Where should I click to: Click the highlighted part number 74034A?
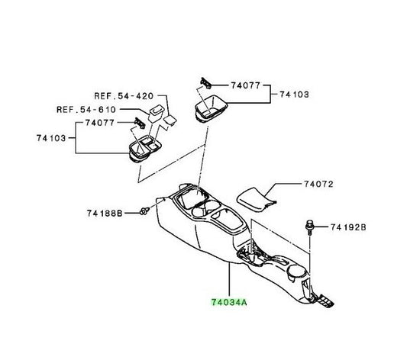click(228, 302)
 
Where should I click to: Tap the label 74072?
click(318, 184)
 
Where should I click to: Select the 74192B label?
click(348, 227)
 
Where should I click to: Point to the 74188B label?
click(105, 214)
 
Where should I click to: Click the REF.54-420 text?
click(124, 96)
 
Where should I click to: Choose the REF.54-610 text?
click(86, 109)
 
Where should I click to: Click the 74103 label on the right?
click(294, 95)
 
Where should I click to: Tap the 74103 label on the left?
click(51, 138)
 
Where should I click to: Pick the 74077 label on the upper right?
click(246, 85)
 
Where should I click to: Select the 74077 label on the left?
click(100, 123)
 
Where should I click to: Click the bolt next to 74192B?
click(309, 227)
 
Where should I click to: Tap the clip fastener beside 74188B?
click(144, 211)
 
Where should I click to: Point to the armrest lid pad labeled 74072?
click(256, 200)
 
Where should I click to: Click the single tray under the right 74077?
click(211, 108)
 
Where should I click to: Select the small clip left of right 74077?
click(205, 83)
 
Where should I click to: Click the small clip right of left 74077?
click(140, 123)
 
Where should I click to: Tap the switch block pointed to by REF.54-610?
click(156, 113)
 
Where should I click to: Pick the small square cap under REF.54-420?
click(170, 121)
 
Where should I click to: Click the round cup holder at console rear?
click(296, 272)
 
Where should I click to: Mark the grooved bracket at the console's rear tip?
click(325, 301)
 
